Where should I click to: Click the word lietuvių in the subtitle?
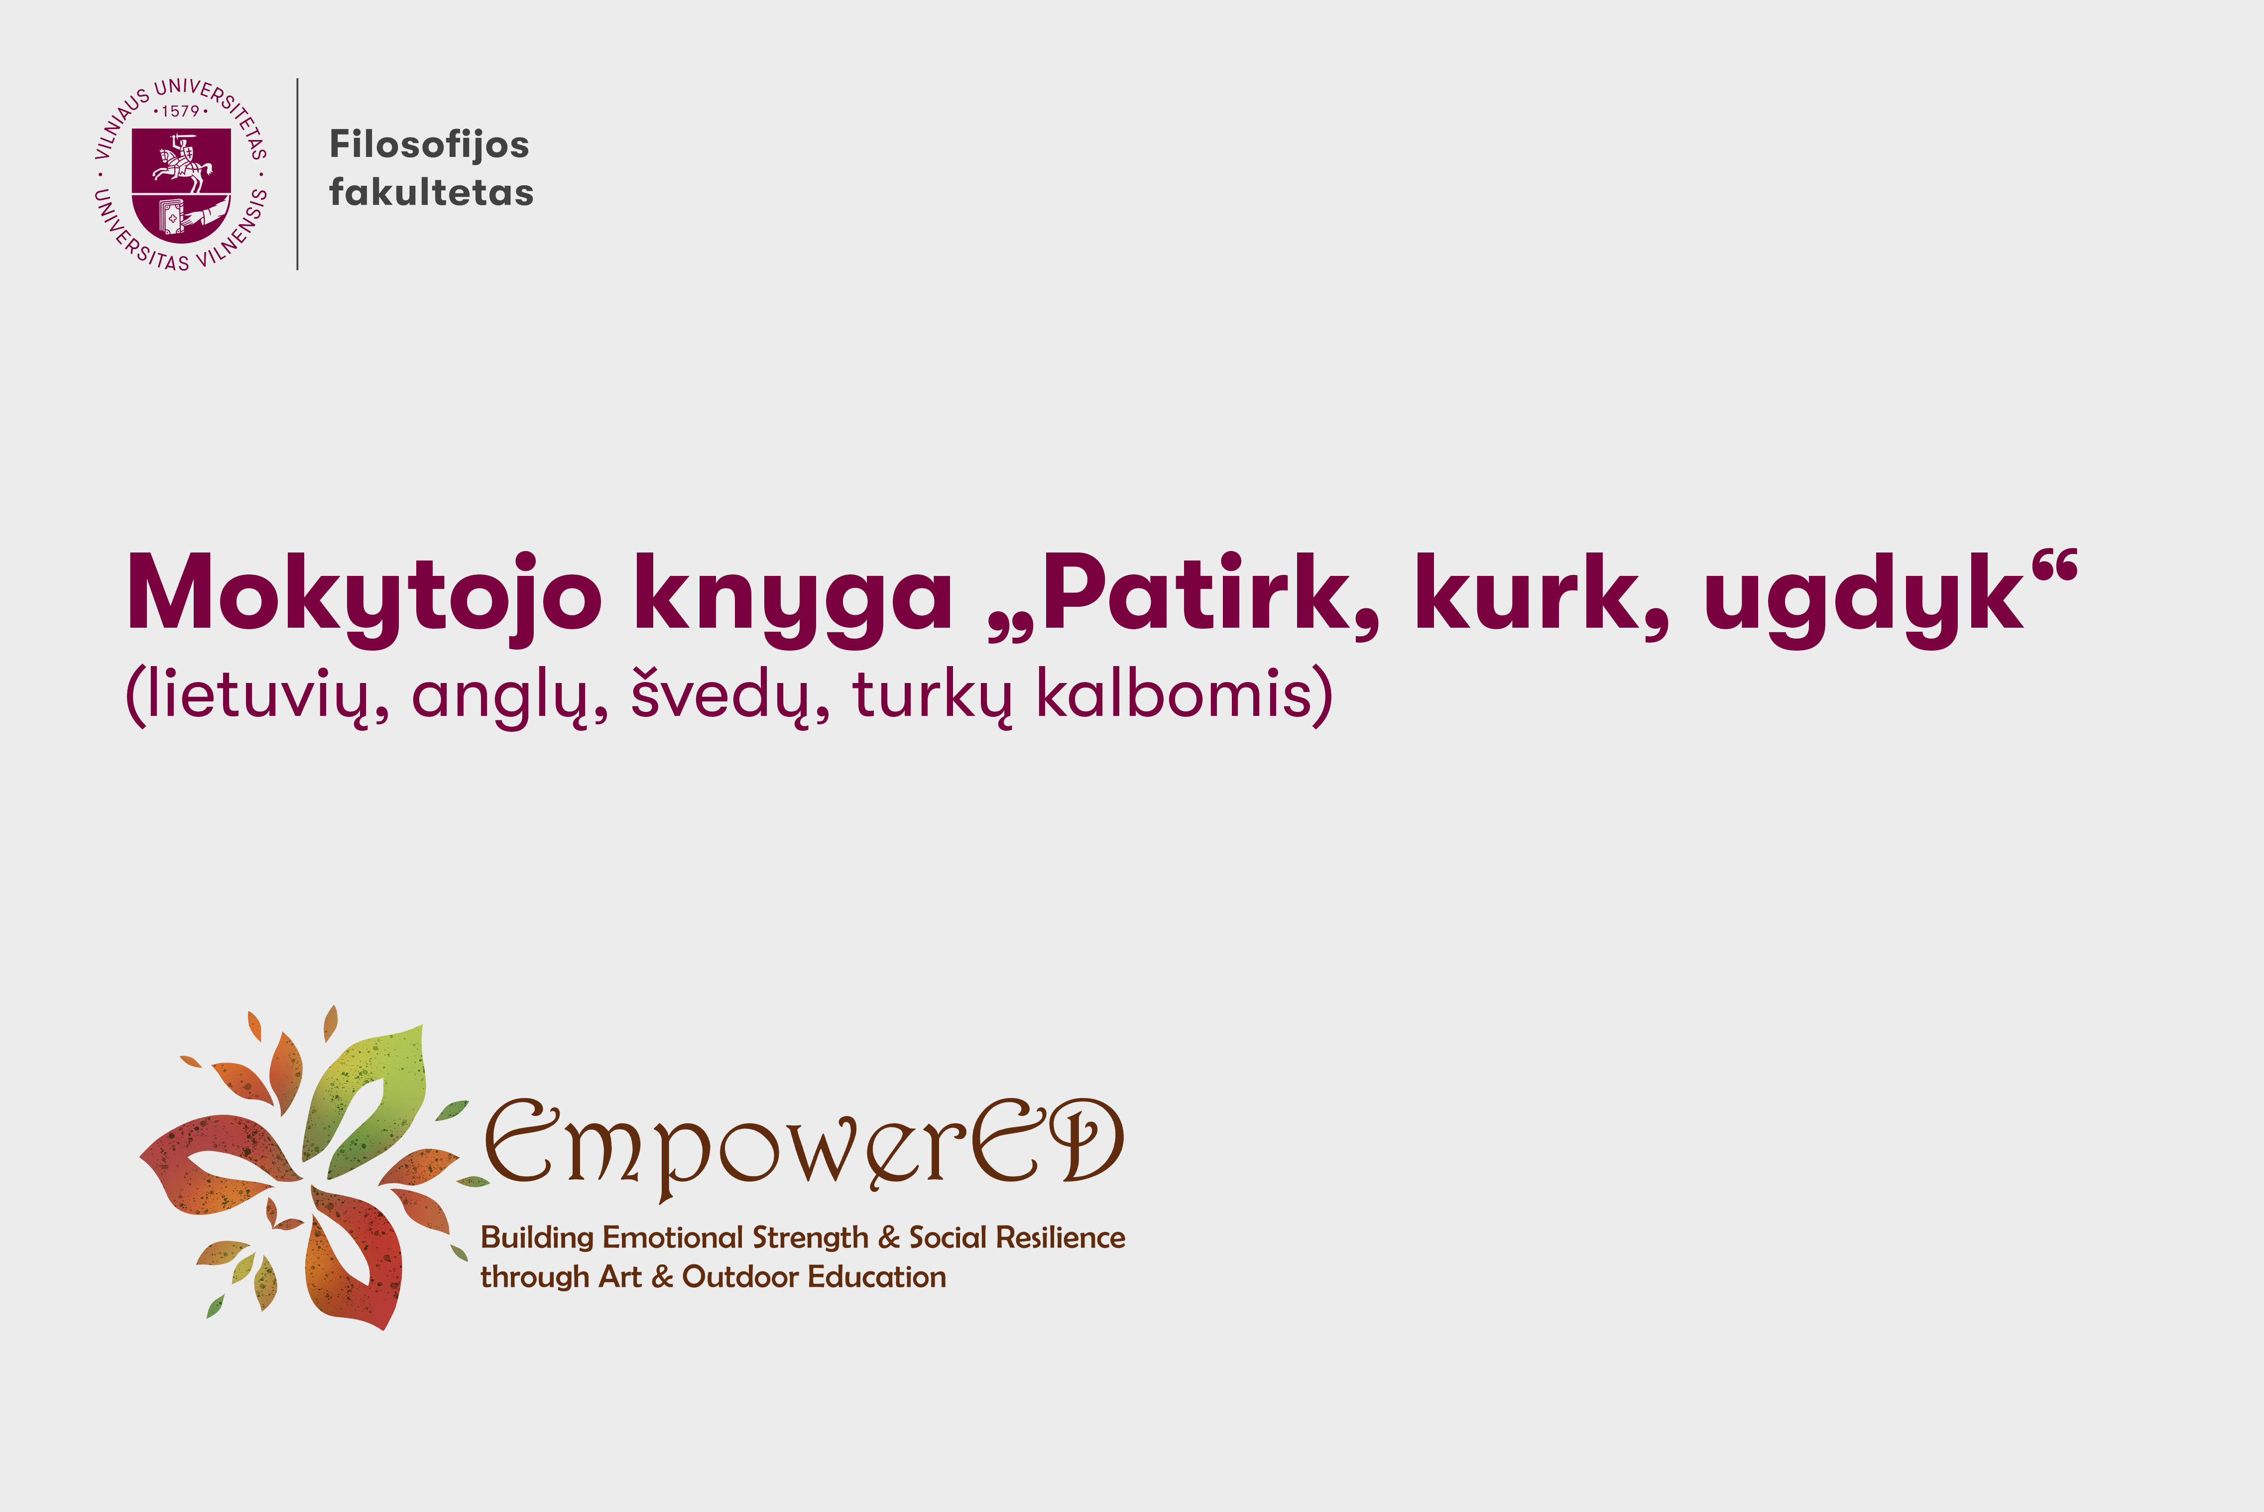click(256, 694)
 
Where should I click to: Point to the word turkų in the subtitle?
click(933, 694)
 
